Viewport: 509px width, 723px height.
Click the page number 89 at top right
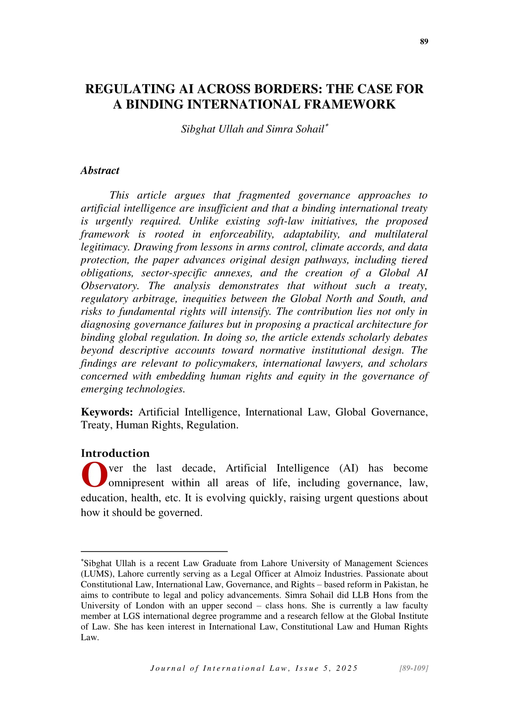[424, 42]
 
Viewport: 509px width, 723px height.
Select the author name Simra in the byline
[278, 129]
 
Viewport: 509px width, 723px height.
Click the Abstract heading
[100, 170]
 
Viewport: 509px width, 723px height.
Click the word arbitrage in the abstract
[155, 299]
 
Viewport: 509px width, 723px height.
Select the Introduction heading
[115, 453]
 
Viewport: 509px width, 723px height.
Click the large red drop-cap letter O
[94, 475]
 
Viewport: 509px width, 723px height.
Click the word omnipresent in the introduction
[136, 483]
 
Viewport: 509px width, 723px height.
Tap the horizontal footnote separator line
[154, 551]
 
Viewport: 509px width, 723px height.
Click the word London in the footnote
[150, 605]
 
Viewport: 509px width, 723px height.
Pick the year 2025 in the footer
[347, 668]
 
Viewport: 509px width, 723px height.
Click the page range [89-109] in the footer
[414, 668]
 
